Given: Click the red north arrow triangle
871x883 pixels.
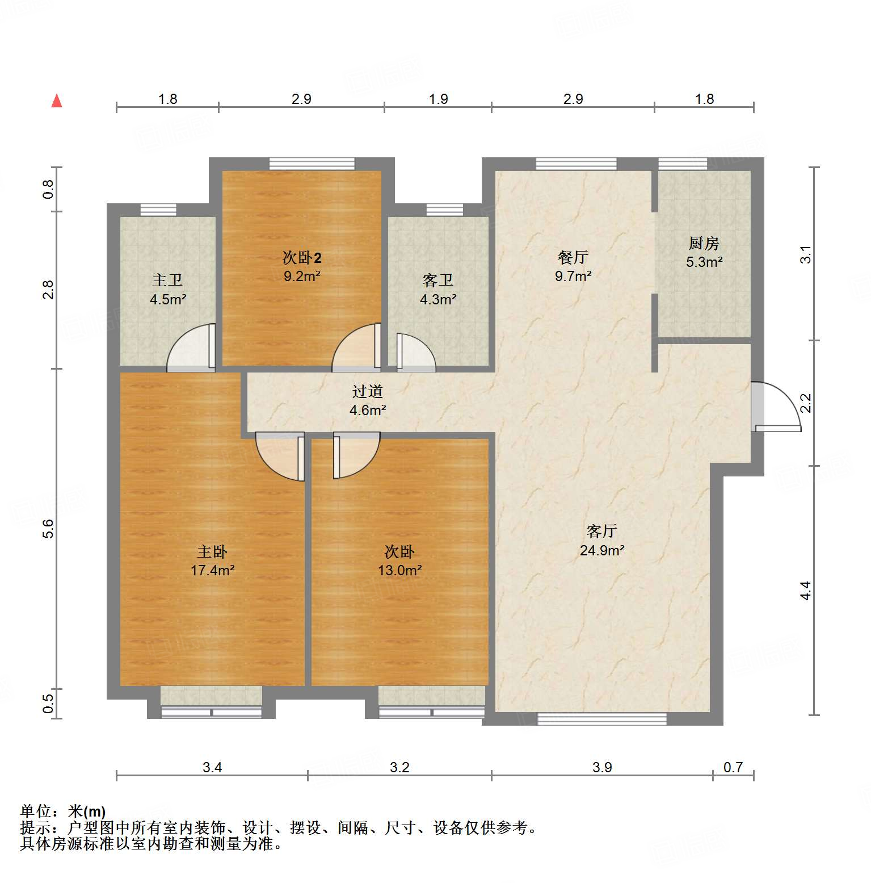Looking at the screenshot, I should click(57, 101).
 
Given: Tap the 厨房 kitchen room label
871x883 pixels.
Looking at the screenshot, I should click(704, 244).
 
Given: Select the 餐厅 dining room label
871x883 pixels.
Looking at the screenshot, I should click(573, 258).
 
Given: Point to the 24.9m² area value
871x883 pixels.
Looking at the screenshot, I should click(601, 550).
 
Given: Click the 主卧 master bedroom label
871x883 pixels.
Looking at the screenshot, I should click(212, 551).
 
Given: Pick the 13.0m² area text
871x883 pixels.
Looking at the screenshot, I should click(399, 570).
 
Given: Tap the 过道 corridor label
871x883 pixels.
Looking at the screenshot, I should click(368, 391).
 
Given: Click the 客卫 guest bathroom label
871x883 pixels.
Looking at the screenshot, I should click(437, 281).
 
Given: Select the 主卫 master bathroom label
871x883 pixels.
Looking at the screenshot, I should click(167, 281).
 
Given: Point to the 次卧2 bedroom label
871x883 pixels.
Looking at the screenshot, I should click(302, 258).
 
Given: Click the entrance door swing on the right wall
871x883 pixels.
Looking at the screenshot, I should click(776, 406).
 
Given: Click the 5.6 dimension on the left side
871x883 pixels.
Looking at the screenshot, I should click(49, 529).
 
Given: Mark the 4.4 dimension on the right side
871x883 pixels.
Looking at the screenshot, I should click(806, 591).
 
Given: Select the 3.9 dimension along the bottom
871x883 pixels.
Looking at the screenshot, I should click(601, 767).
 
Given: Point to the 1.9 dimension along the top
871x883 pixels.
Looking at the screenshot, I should click(438, 99).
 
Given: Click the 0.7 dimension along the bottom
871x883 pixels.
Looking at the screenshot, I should click(733, 767).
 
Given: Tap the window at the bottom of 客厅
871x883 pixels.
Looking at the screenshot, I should click(601, 719).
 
